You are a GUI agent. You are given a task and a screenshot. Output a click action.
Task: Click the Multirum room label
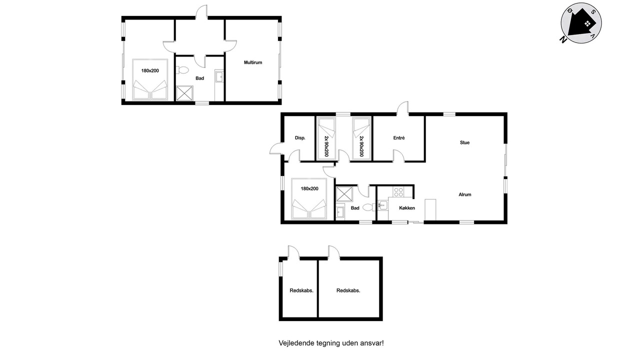253,62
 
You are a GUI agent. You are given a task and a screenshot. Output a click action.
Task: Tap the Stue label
464,142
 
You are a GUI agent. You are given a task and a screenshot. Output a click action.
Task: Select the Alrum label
465,194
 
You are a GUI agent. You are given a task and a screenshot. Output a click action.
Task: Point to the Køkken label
407,208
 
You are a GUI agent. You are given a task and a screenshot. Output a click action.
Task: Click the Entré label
399,138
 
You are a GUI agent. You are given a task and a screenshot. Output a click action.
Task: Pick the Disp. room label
300,138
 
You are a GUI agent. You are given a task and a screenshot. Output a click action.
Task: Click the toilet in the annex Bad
182,70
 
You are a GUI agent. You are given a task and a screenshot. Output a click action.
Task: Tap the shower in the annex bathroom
184,93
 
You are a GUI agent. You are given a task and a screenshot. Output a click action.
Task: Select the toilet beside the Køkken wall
369,207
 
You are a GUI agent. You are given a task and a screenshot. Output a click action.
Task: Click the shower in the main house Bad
344,194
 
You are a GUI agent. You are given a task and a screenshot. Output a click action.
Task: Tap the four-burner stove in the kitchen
398,192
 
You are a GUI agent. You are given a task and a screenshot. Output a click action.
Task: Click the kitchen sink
383,205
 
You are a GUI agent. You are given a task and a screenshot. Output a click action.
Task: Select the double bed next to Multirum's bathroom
150,79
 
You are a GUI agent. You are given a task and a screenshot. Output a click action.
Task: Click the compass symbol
581,23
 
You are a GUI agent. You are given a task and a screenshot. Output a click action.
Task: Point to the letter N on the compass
563,39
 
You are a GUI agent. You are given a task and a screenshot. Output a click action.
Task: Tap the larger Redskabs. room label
348,290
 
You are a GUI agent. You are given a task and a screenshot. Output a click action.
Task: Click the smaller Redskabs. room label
301,290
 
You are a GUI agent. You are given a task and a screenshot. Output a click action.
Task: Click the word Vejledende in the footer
296,343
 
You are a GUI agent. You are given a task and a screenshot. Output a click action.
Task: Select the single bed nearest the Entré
361,138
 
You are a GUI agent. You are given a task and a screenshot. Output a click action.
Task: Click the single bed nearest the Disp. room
326,138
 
